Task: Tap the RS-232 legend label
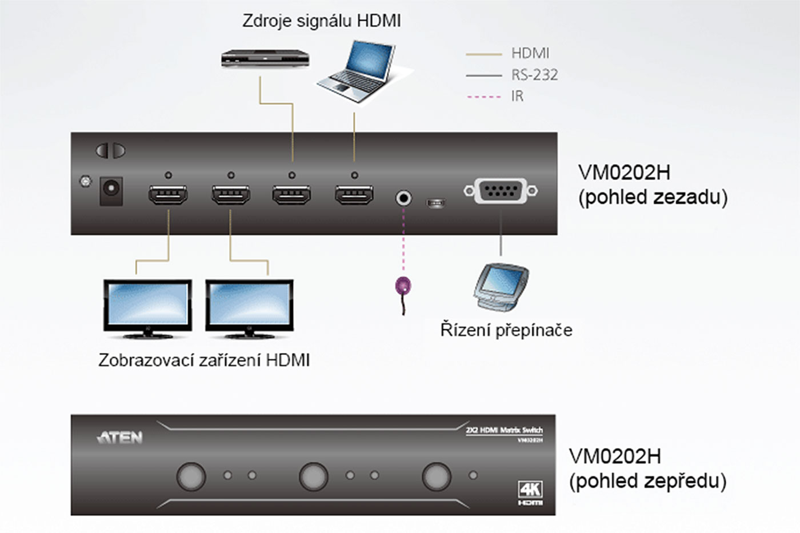point(534,75)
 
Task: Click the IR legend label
point(517,96)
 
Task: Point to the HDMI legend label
point(530,53)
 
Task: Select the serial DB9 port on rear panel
point(501,191)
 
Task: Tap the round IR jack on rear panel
point(403,198)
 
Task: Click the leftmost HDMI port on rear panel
point(168,195)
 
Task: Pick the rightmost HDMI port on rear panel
point(354,195)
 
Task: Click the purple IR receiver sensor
point(403,286)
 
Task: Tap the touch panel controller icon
point(501,287)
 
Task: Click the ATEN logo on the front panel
point(120,438)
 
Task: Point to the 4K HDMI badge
point(530,493)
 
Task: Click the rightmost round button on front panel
point(437,476)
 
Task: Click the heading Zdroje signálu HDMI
point(321,21)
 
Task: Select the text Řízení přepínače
point(506,330)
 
